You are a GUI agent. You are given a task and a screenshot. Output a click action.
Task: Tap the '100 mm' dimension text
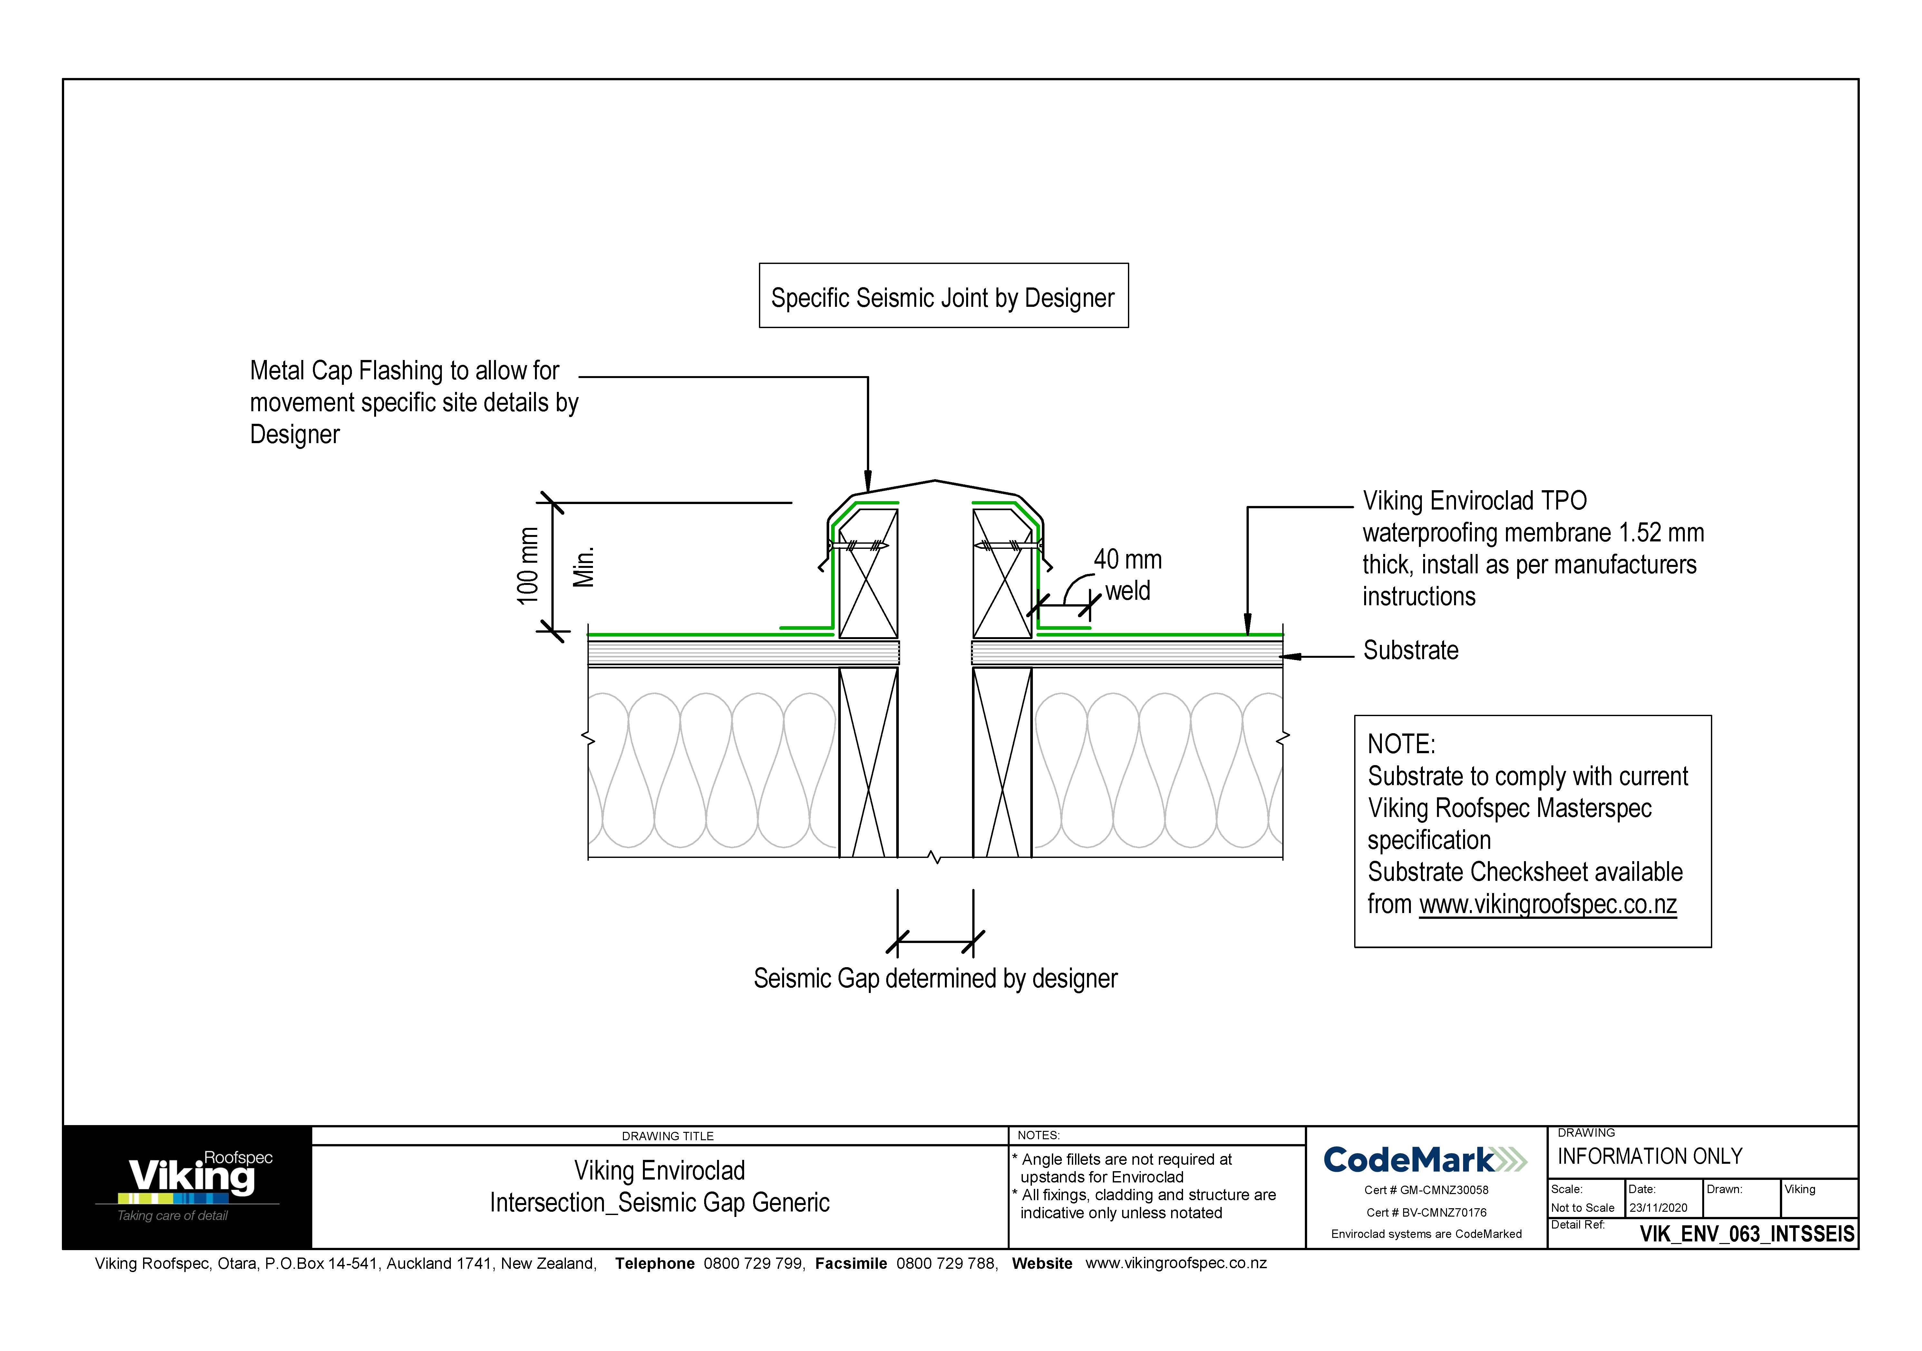(x=527, y=566)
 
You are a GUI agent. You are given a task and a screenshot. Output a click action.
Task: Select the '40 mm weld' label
(x=1127, y=575)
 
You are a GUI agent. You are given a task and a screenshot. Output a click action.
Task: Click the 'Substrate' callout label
(x=1411, y=650)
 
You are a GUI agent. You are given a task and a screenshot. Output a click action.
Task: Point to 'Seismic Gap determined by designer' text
(x=935, y=978)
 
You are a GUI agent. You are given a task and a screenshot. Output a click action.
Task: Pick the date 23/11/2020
(x=1658, y=1208)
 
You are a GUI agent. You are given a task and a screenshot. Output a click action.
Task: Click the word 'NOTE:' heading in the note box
(x=1401, y=744)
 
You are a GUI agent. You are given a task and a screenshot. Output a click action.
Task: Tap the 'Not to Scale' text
(x=1582, y=1208)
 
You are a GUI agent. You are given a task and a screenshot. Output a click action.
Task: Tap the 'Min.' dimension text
(x=583, y=567)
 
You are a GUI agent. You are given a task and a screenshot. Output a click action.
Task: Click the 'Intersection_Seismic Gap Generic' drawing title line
(x=660, y=1203)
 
